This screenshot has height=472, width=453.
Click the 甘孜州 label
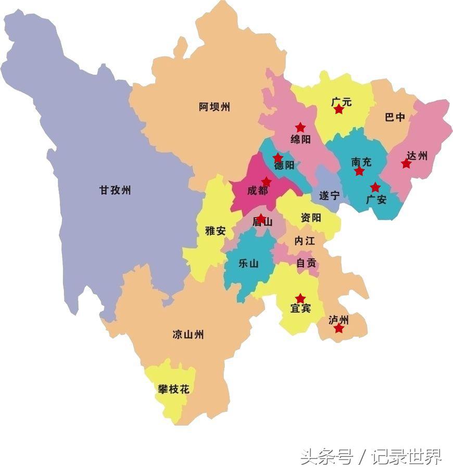coord(115,190)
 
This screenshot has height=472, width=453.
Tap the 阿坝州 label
coord(214,107)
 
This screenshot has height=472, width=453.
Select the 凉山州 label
coord(188,334)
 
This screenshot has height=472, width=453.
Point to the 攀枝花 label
coord(173,388)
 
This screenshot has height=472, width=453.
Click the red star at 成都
coord(266,182)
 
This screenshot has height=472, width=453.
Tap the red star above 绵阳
coord(300,127)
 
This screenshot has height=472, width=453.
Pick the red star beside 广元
coord(339,109)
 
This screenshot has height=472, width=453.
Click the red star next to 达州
coord(406,164)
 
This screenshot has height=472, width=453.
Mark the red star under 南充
coord(359,171)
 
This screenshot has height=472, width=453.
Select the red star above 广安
coord(375,187)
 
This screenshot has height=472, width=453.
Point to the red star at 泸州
coord(339,328)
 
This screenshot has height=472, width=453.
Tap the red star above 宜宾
coord(300,298)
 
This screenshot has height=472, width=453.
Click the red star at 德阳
coord(278,157)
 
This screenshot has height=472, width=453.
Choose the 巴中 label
coord(395,117)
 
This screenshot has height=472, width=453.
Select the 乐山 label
coord(248,263)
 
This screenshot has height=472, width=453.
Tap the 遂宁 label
coord(329,196)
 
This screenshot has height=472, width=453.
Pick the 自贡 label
coord(306,263)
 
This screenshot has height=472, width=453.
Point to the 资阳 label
coord(311,218)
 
